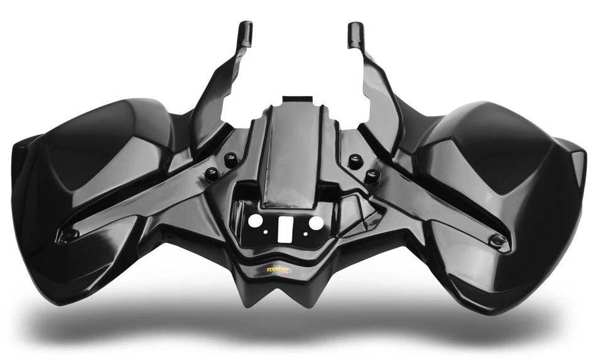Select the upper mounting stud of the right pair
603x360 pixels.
tap(356, 161)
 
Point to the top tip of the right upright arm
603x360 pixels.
tap(356, 28)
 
